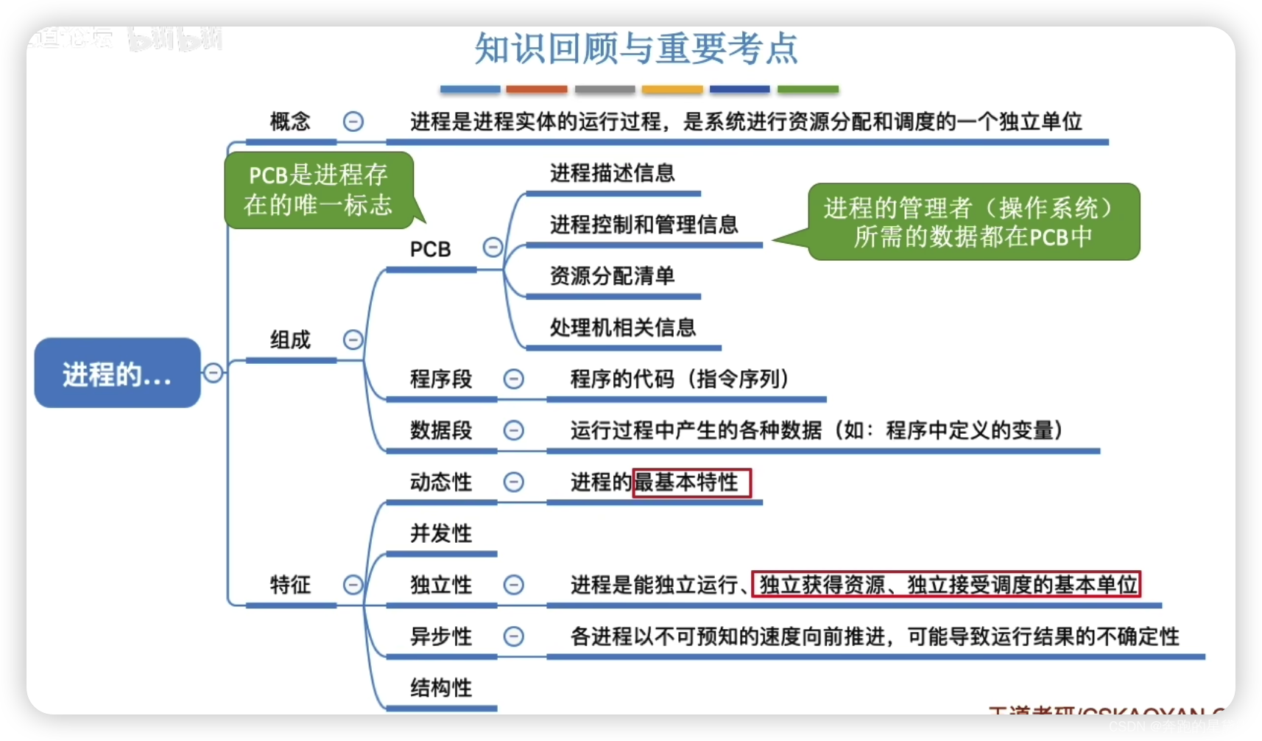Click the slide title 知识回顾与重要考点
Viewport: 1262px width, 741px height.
636,49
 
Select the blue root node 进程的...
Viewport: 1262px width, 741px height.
118,373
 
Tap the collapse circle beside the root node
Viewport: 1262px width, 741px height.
213,373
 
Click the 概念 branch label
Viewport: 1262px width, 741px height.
290,121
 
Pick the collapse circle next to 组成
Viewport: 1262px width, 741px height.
353,340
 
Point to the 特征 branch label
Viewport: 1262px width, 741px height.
290,585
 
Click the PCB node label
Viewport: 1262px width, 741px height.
430,249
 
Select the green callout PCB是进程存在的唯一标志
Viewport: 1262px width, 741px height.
318,190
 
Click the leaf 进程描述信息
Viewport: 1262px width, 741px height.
612,173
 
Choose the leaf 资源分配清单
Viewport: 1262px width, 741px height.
612,276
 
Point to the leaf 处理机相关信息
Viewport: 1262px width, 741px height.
622,328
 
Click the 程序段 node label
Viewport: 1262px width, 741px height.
440,379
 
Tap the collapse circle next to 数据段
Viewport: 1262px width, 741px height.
513,430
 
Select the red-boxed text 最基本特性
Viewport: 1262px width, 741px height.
691,482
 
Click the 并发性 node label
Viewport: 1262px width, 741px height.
440,533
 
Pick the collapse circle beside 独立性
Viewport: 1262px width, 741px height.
513,585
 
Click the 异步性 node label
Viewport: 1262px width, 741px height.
440,636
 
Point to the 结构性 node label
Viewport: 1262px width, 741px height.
440,688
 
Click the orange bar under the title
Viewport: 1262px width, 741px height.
537,89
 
